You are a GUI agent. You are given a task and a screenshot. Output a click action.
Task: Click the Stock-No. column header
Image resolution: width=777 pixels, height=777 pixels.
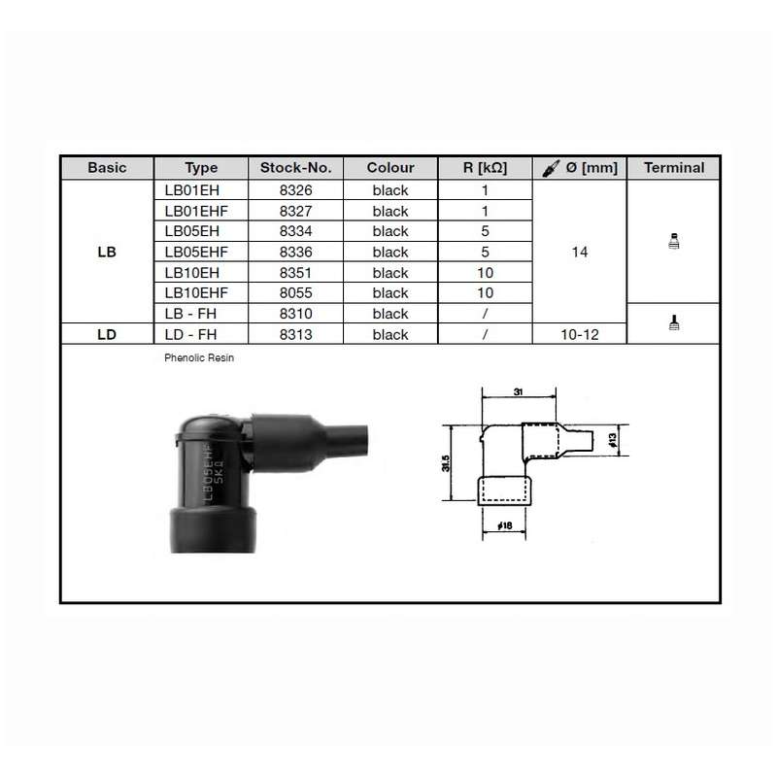click(x=296, y=167)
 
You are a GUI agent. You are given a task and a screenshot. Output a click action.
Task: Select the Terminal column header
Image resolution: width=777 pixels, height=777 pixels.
click(x=674, y=167)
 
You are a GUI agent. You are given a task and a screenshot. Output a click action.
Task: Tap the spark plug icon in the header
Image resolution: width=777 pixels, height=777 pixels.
click(x=551, y=168)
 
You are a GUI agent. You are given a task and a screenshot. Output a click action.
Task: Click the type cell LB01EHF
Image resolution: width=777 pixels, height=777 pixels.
click(x=196, y=211)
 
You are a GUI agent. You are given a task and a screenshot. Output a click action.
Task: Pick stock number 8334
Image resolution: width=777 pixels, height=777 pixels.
click(x=296, y=231)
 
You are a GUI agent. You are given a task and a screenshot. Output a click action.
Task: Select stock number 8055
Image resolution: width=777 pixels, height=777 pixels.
click(x=296, y=293)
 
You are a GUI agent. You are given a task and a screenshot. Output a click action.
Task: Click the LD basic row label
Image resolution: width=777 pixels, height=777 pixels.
click(x=107, y=334)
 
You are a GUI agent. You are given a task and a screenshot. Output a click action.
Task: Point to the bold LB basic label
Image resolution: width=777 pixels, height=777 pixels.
click(x=107, y=252)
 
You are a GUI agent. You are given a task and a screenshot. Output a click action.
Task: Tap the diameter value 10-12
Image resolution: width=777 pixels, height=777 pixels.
click(x=580, y=334)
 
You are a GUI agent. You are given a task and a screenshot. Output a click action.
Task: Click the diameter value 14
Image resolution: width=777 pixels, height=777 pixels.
click(x=580, y=252)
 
